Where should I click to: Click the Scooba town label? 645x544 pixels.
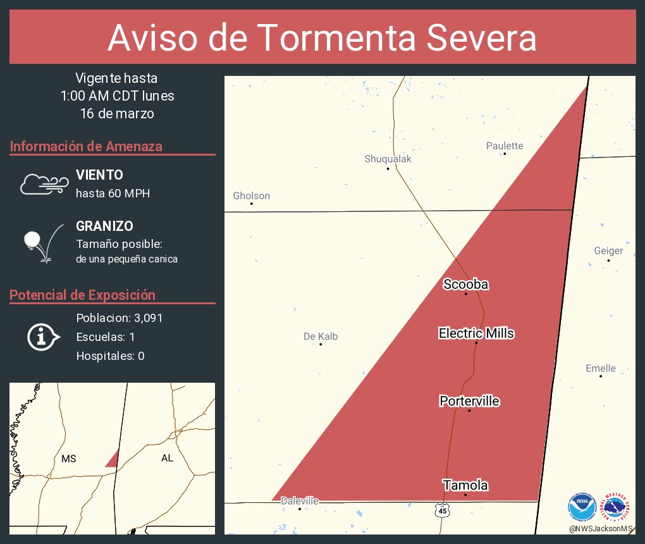click(x=465, y=285)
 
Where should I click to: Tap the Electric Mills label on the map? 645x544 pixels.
click(x=476, y=333)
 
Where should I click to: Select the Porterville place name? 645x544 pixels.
click(x=469, y=401)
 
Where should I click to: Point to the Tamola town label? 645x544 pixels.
click(x=465, y=485)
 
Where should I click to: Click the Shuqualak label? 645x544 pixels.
click(x=388, y=159)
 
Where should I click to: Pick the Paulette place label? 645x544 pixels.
click(x=505, y=146)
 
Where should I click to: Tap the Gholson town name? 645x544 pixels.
click(x=251, y=196)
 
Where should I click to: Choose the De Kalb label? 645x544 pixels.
click(x=321, y=337)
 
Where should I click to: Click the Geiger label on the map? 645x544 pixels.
click(x=608, y=250)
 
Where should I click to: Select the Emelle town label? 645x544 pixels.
click(x=600, y=368)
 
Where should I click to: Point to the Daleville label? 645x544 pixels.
click(x=300, y=501)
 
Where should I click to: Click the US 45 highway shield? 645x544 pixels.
click(x=443, y=510)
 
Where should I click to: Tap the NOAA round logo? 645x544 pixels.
click(x=582, y=507)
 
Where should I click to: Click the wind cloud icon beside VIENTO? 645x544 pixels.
click(x=44, y=183)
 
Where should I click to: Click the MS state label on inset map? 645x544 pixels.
click(x=69, y=459)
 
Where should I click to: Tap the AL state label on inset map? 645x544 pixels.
click(x=167, y=458)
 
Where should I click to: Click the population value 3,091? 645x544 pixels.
click(x=145, y=318)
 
